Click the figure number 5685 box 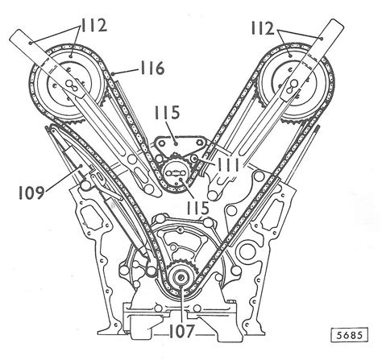click(350, 335)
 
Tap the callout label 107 click(181, 331)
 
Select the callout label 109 click(31, 192)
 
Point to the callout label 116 click(152, 68)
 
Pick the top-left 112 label click(93, 26)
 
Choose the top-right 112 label click(263, 28)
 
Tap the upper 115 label click(167, 113)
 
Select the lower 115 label click(198, 208)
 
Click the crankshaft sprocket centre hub click(181, 277)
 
